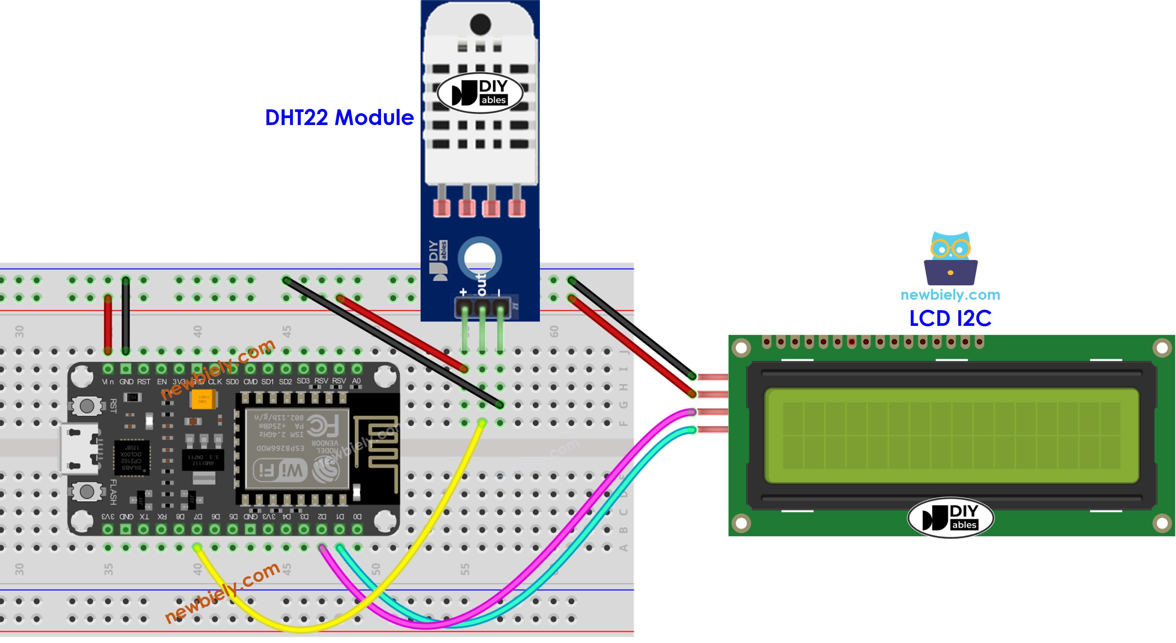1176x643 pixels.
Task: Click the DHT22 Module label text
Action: [x=339, y=118]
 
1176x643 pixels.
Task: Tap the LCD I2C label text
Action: [x=950, y=318]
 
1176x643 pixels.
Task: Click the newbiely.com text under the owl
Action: [x=950, y=294]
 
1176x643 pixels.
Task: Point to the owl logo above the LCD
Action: [x=950, y=258]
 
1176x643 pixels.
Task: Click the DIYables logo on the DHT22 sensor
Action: [x=480, y=93]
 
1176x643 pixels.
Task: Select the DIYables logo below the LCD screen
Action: [x=950, y=518]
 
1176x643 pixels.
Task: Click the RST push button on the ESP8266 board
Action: [x=87, y=405]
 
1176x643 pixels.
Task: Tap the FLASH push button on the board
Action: [x=87, y=491]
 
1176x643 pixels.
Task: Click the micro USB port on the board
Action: [x=78, y=448]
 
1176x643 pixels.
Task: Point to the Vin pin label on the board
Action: [x=108, y=381]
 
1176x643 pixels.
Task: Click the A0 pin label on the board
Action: [x=357, y=380]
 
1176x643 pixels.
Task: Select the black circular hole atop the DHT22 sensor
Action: [x=480, y=24]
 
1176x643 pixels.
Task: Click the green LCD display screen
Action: [x=951, y=435]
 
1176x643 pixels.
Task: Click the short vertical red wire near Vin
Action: [x=108, y=324]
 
